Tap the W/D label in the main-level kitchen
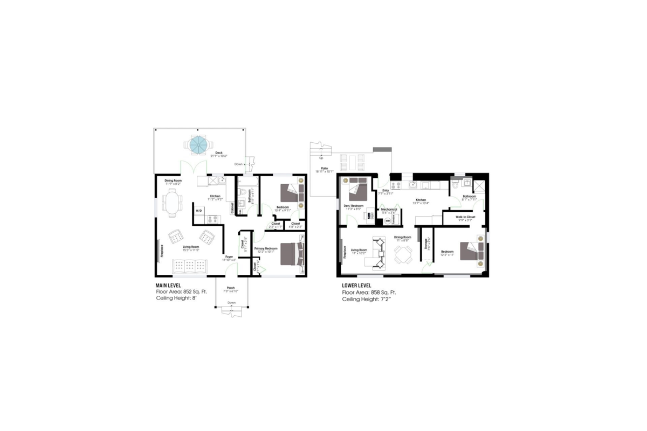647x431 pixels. click(x=198, y=210)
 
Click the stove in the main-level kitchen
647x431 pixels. click(x=213, y=219)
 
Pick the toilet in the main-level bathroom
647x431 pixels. click(x=242, y=191)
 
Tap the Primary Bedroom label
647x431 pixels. click(x=266, y=248)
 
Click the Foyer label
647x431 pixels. click(x=229, y=257)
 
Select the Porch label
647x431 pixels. click(x=231, y=288)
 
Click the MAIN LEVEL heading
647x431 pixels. click(x=168, y=285)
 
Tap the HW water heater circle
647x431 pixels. click(x=387, y=220)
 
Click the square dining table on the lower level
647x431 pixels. click(x=402, y=254)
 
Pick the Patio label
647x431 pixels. click(x=325, y=168)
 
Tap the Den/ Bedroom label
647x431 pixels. click(x=354, y=206)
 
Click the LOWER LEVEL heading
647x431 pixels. click(x=356, y=285)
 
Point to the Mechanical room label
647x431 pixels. click(x=389, y=210)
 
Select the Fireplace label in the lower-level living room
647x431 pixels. click(x=345, y=252)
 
